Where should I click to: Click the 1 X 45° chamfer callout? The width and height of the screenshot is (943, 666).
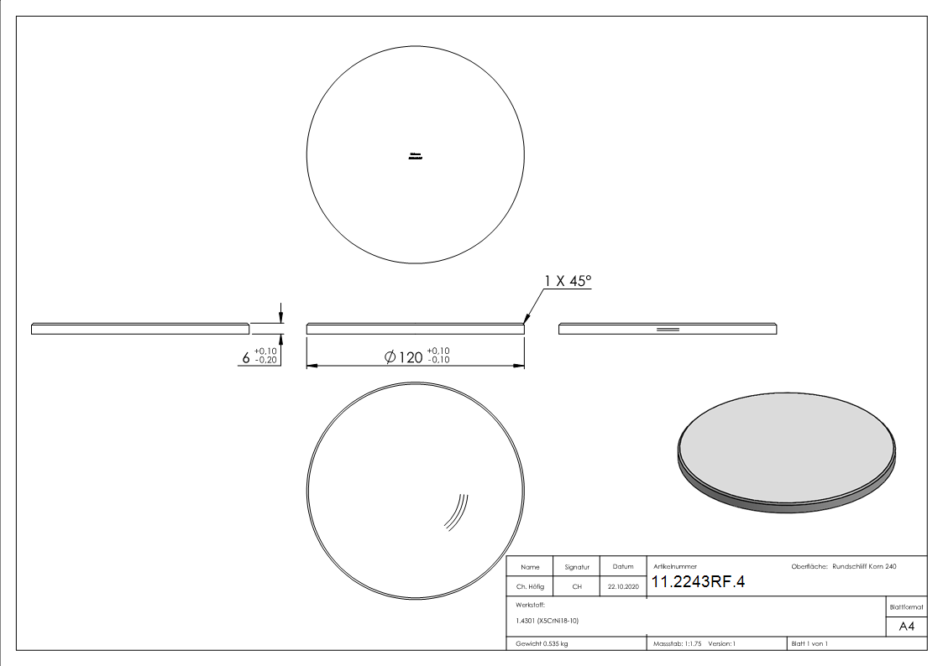[568, 281]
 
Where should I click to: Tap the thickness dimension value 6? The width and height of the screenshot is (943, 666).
[246, 358]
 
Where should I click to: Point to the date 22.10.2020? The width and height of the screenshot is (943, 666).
[623, 587]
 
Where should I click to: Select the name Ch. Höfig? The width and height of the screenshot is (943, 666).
[530, 587]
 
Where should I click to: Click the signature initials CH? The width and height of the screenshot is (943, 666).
[577, 587]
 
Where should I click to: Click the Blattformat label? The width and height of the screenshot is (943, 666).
[907, 606]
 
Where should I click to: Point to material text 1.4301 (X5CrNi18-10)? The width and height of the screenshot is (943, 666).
[547, 621]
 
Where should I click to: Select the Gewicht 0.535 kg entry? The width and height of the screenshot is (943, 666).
[542, 643]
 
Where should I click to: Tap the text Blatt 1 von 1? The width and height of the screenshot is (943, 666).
[809, 643]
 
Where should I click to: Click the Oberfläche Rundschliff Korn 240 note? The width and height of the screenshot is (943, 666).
[843, 567]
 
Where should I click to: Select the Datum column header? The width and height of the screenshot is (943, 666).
[623, 567]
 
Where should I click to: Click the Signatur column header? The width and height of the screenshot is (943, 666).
[577, 567]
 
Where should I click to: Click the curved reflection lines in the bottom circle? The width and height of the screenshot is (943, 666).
[457, 511]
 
